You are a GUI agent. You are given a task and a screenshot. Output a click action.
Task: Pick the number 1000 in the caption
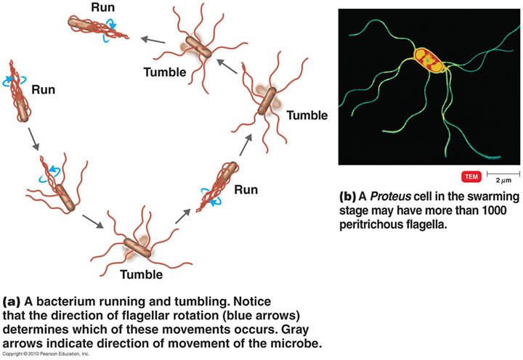coord(495,211)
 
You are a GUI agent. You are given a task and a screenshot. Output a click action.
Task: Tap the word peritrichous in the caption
coord(379,226)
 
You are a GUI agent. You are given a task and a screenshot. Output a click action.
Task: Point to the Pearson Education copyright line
coord(45,353)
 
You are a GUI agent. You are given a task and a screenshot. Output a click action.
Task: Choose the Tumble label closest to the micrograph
coord(307,115)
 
